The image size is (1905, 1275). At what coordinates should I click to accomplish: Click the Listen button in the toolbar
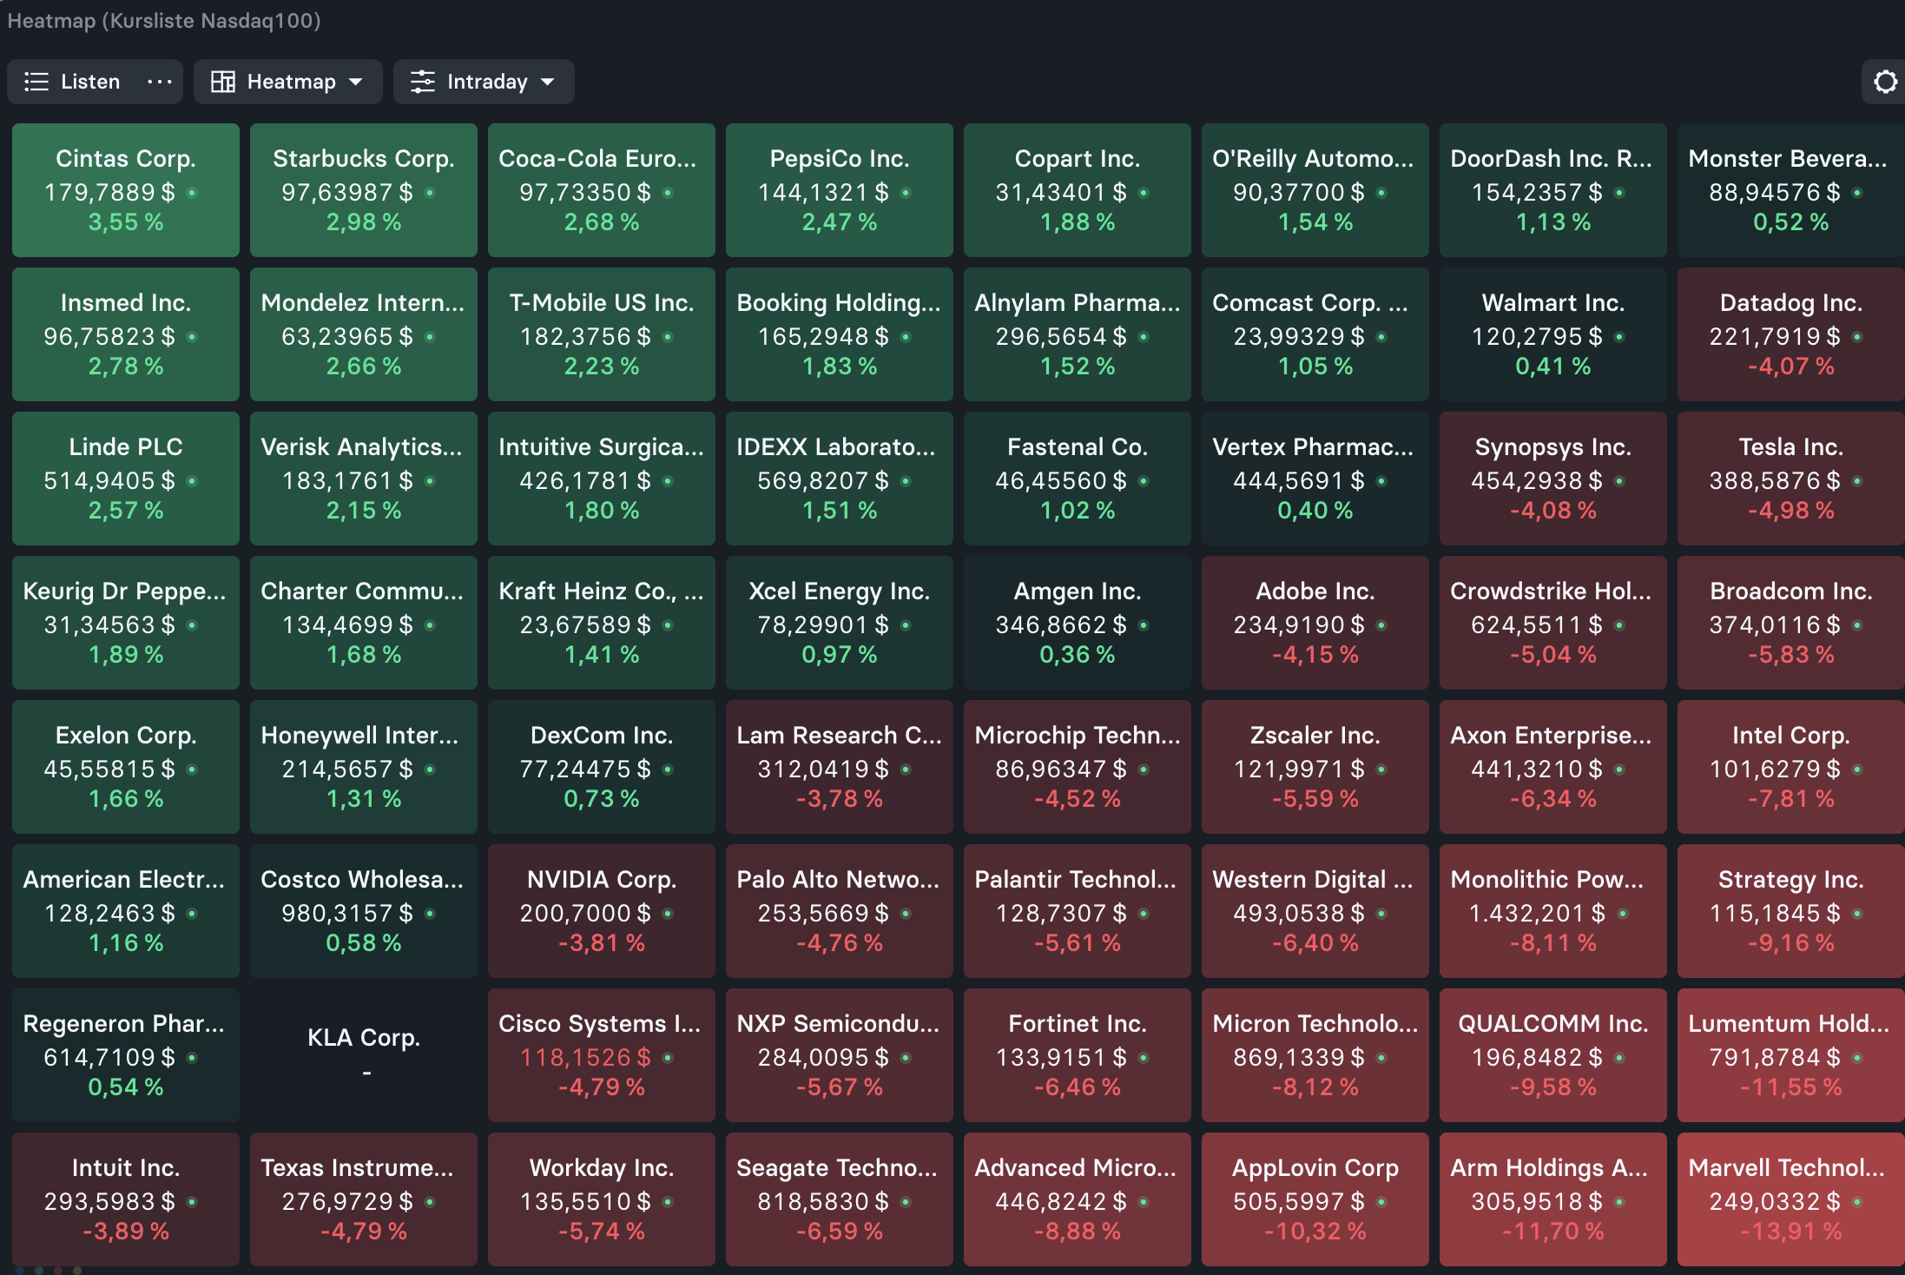click(x=72, y=82)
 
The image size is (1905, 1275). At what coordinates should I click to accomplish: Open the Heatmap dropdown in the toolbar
click(x=287, y=82)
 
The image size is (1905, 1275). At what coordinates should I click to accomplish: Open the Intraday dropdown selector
click(x=484, y=82)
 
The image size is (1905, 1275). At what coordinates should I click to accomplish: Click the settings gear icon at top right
click(x=1885, y=82)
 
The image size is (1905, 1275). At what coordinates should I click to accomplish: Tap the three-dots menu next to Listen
click(x=160, y=82)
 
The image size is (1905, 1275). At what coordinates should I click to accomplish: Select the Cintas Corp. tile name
click(x=126, y=159)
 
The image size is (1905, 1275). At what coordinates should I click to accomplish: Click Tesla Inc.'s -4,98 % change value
click(x=1790, y=511)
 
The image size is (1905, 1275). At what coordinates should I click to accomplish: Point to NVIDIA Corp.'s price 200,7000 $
click(x=585, y=913)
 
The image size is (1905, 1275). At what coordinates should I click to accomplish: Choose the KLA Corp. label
click(x=364, y=1038)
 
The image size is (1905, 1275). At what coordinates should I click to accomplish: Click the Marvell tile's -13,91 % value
click(x=1790, y=1232)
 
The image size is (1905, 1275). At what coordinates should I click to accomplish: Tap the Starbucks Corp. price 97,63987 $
click(x=347, y=192)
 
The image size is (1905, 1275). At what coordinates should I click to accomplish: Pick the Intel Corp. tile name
click(x=1790, y=736)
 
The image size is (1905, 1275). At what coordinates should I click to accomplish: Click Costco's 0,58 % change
click(x=364, y=943)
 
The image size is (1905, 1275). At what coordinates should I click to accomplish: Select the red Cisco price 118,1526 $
click(x=585, y=1057)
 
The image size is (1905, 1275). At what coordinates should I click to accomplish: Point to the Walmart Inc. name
click(x=1552, y=303)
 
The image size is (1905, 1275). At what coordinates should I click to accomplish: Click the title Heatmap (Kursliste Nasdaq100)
click(x=164, y=21)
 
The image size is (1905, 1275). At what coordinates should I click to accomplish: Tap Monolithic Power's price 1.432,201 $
click(x=1537, y=913)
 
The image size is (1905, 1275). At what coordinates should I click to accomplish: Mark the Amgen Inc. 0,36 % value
click(x=1077, y=655)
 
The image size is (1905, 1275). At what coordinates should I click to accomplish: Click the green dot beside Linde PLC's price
click(x=192, y=480)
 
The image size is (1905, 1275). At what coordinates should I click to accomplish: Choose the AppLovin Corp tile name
click(x=1315, y=1169)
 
